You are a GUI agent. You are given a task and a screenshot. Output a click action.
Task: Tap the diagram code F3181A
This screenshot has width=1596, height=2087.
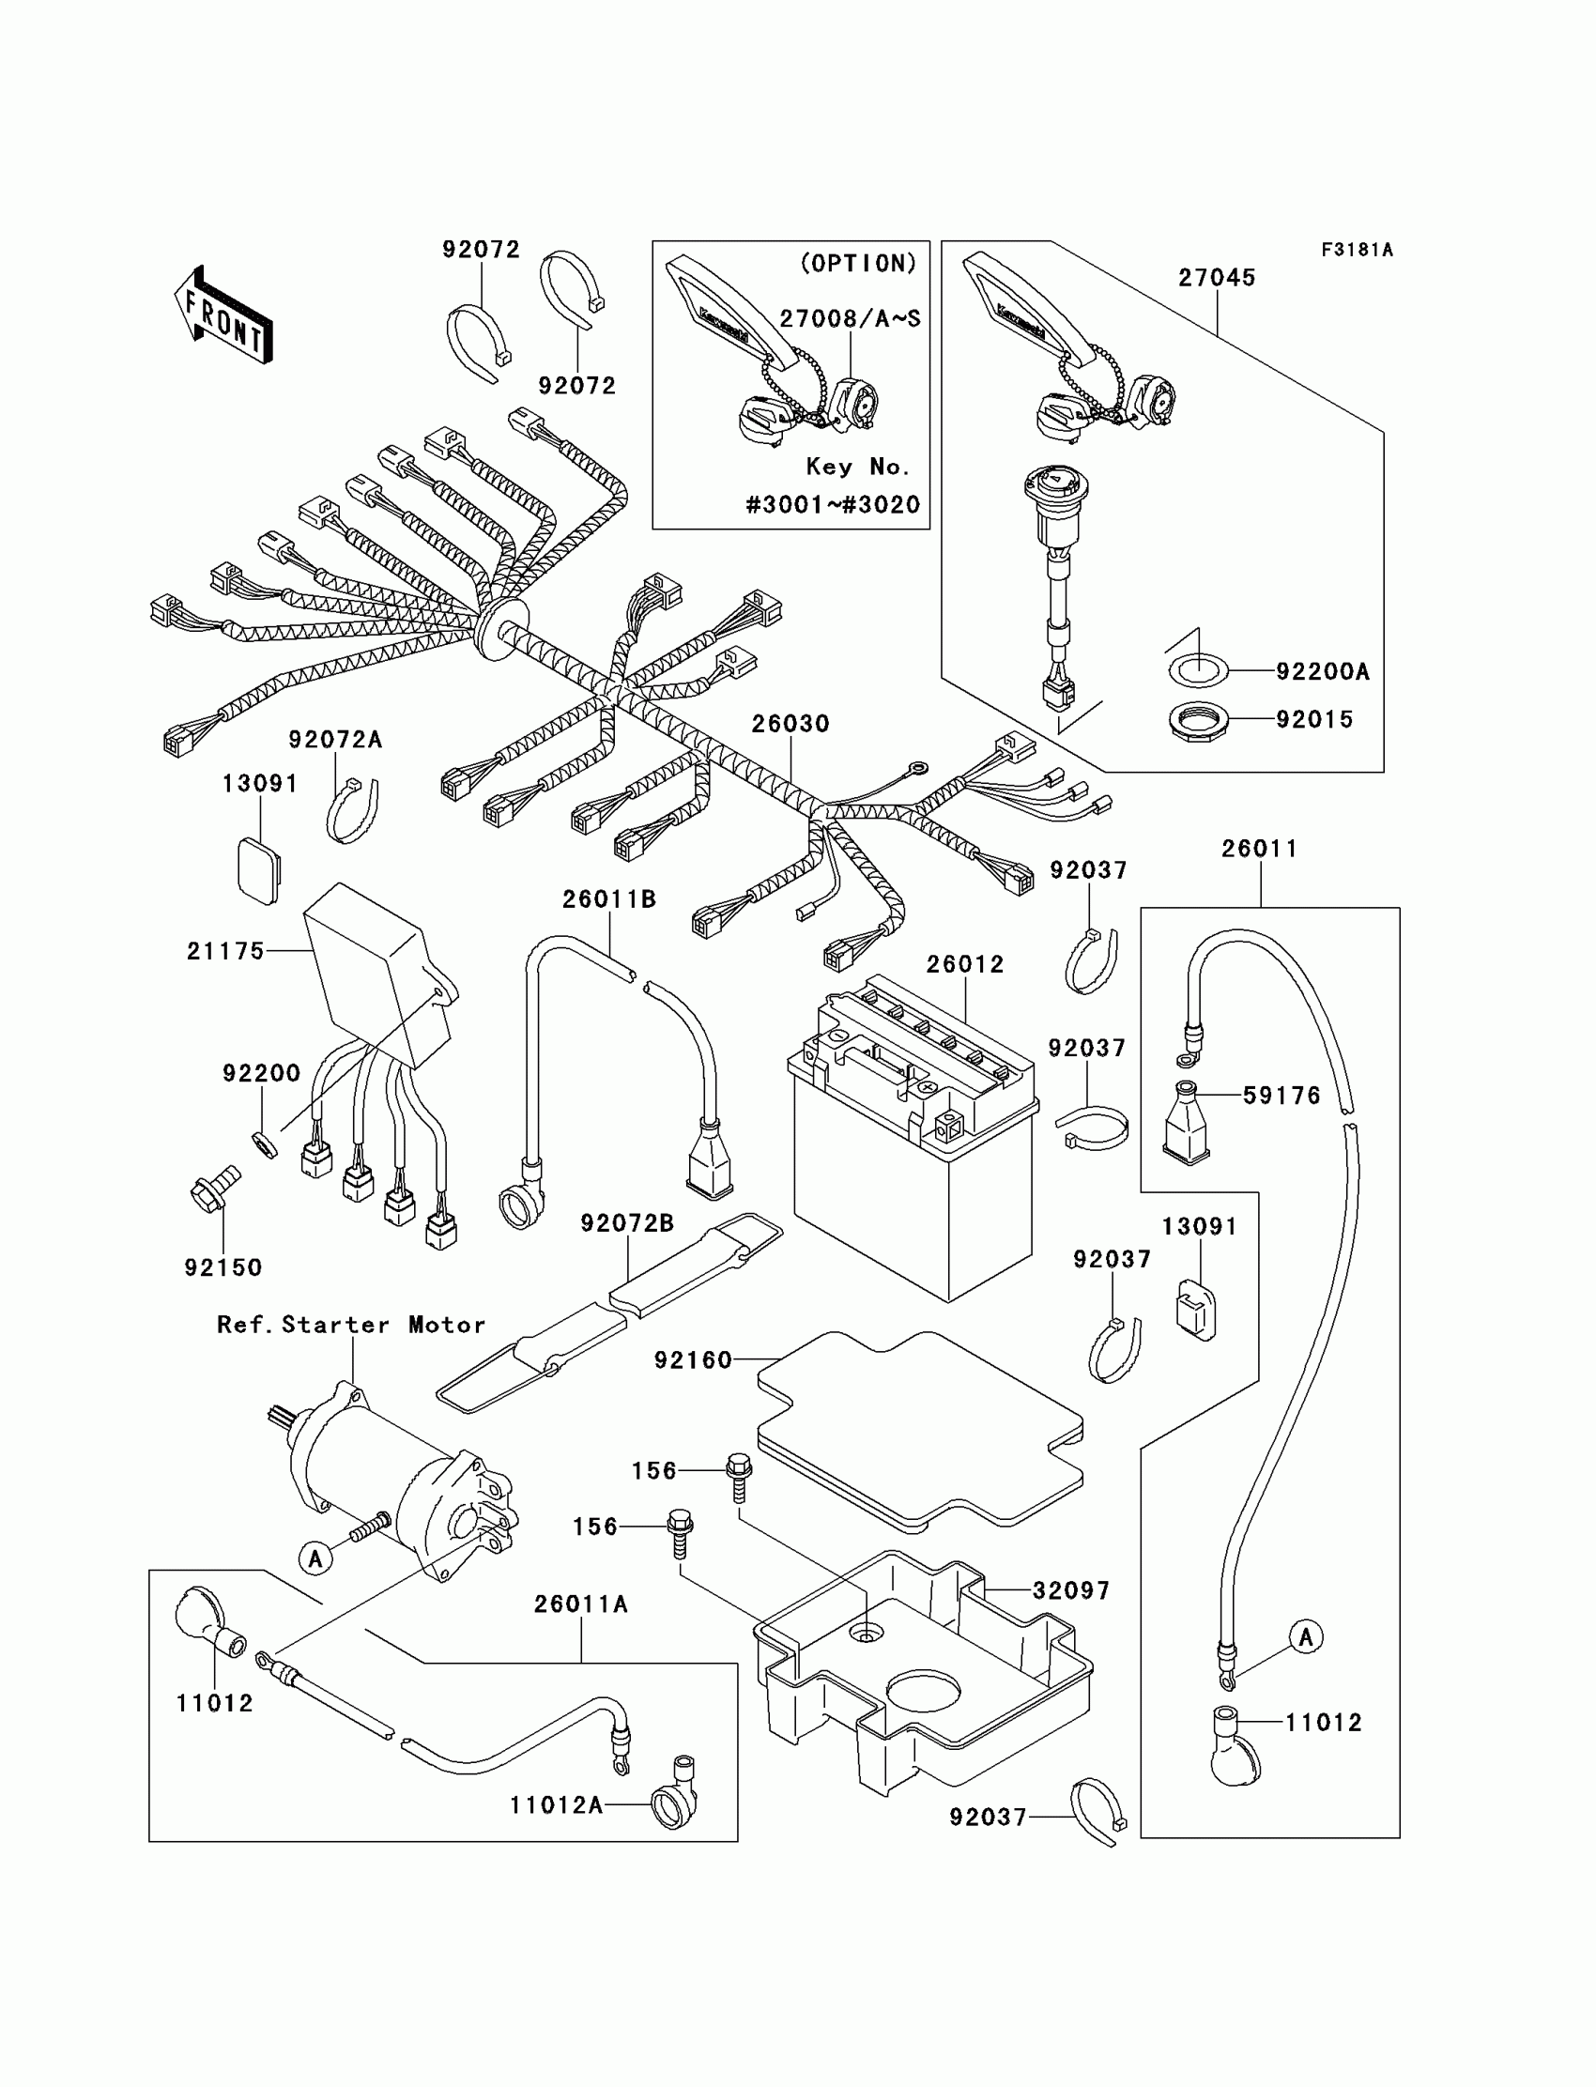[1357, 250]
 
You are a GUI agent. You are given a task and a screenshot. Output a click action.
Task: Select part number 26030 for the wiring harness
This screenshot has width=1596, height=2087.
[790, 724]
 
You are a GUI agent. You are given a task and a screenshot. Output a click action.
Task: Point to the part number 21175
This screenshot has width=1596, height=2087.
[225, 951]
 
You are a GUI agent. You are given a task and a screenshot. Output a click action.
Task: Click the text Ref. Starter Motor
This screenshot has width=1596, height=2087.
[350, 1326]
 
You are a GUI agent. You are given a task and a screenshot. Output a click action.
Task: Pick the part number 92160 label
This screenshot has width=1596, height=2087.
[694, 1361]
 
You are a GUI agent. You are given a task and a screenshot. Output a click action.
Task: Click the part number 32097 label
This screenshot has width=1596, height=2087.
[1071, 1590]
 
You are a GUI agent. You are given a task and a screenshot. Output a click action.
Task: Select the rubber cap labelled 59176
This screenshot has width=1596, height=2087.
[1188, 1123]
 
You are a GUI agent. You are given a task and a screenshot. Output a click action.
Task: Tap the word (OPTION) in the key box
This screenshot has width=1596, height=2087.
[859, 264]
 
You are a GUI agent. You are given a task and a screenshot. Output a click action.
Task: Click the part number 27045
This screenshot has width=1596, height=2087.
[1217, 278]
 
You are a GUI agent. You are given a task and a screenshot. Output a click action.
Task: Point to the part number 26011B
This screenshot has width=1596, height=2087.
[609, 899]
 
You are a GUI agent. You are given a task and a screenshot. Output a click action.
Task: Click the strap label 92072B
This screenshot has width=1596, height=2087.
[627, 1223]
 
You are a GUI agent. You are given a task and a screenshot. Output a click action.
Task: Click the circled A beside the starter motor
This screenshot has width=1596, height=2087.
[315, 1558]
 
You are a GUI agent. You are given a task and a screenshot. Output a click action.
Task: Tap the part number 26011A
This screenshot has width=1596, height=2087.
[580, 1604]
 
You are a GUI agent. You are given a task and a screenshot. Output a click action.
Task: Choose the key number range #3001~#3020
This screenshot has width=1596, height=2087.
[833, 505]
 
